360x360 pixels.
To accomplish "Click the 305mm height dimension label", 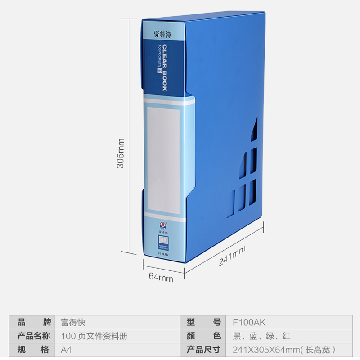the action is pyautogui.click(x=121, y=153).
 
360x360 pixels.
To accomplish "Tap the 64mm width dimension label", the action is pyautogui.click(x=161, y=278).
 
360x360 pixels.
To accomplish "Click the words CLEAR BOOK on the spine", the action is pyautogui.click(x=165, y=67).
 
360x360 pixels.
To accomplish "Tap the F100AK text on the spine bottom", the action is pyautogui.click(x=163, y=255).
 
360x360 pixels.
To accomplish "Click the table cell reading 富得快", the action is pyautogui.click(x=73, y=322).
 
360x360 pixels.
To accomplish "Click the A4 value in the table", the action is pyautogui.click(x=66, y=349).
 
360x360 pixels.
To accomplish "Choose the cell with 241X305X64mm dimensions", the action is pyautogui.click(x=283, y=349).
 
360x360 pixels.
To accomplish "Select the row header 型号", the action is pyautogui.click(x=204, y=322).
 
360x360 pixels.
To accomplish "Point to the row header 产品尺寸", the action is pyautogui.click(x=204, y=349).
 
